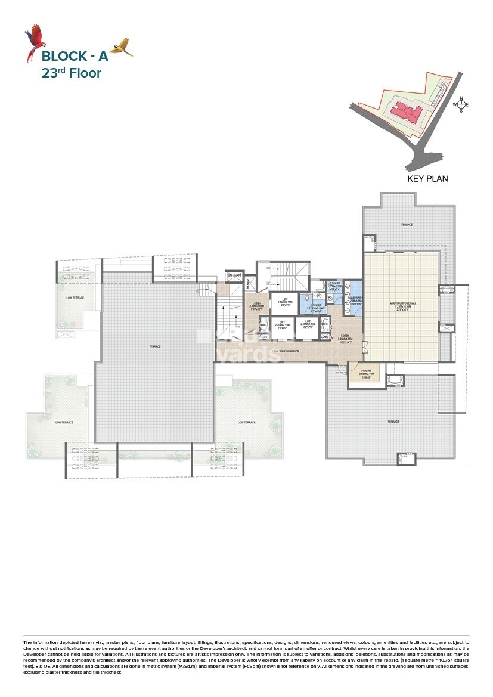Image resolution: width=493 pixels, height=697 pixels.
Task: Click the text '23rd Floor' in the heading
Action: coord(71,73)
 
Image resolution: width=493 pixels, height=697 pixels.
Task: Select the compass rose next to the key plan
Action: coord(461,104)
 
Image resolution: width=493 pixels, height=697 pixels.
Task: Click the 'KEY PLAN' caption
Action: coord(427,178)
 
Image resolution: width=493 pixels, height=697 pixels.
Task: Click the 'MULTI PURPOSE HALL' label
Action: coord(402,303)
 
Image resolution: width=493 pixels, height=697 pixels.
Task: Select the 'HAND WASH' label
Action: coord(355,298)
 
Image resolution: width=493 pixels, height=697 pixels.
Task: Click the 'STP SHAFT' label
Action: coord(232,275)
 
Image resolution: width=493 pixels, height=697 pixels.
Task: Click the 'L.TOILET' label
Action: coord(316,305)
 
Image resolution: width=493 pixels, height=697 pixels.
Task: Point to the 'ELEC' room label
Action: coord(325,324)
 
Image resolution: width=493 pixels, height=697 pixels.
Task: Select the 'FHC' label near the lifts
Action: coord(262,325)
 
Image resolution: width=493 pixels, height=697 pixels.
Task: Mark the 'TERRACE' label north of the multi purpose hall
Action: coord(407,225)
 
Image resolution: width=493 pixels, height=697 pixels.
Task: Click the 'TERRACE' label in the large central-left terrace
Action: coord(156,346)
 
